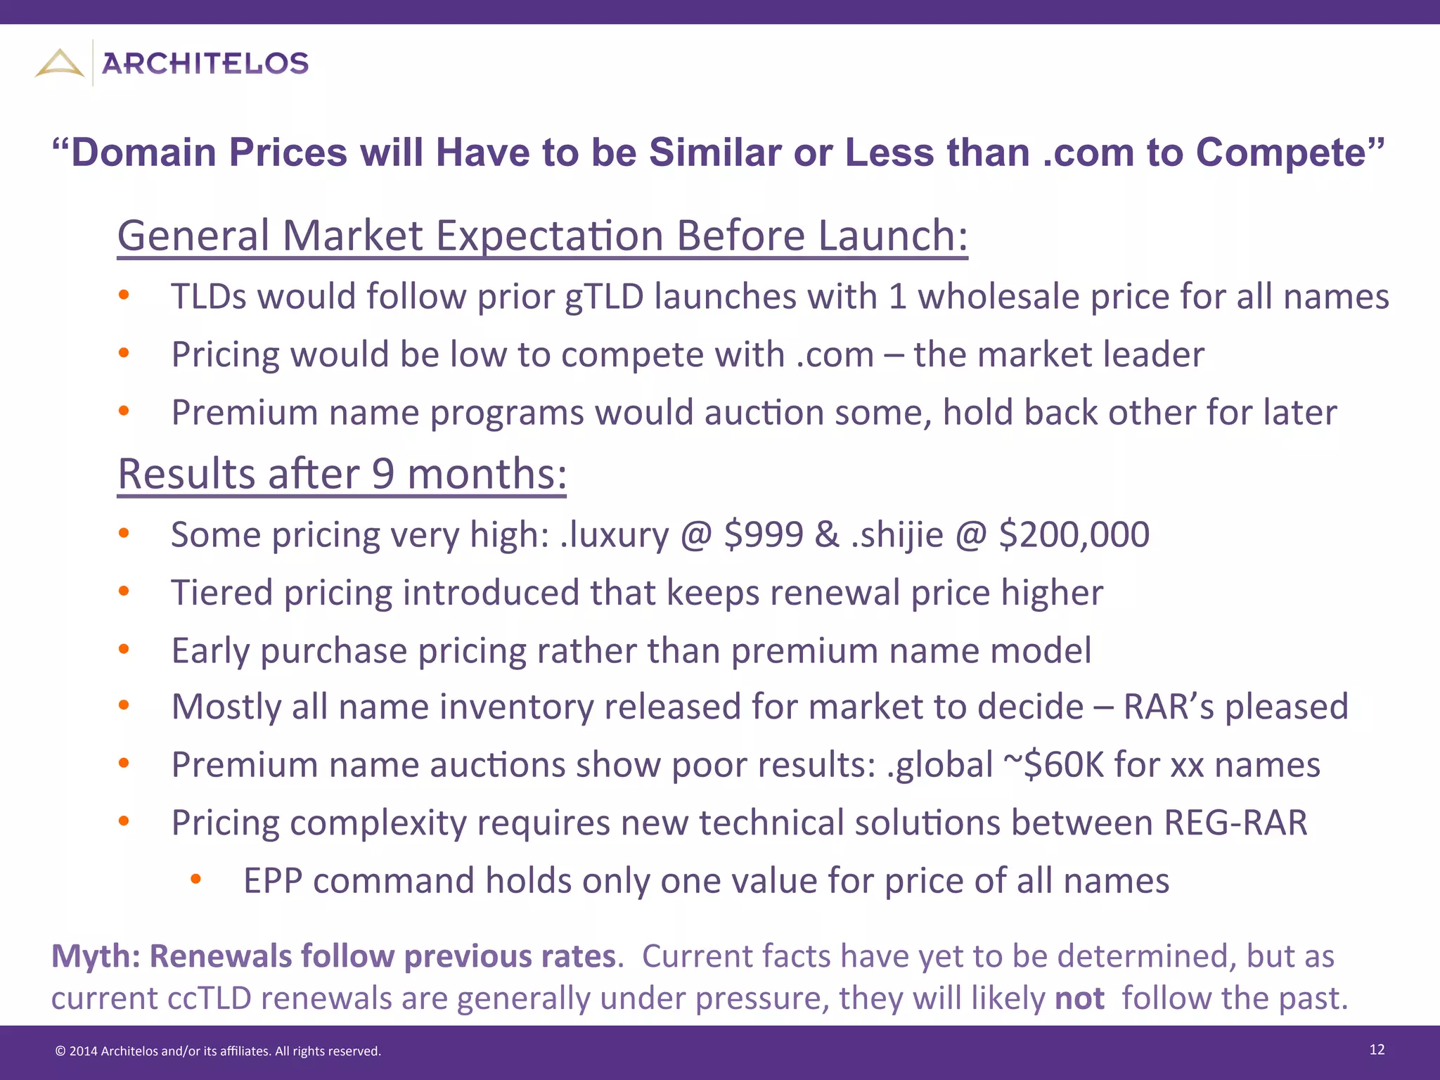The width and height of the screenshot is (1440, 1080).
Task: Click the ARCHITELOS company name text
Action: click(205, 64)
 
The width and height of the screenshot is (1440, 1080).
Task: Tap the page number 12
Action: click(1377, 1050)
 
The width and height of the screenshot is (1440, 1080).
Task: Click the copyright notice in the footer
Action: click(218, 1051)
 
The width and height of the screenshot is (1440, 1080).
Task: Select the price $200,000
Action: click(1074, 534)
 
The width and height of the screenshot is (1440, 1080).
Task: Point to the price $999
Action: click(764, 534)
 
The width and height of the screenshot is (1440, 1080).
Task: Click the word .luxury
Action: click(615, 535)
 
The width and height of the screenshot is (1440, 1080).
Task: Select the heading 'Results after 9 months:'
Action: click(342, 474)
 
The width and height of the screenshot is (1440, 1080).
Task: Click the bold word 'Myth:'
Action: click(96, 956)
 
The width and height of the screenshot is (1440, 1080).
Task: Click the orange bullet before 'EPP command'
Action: click(196, 878)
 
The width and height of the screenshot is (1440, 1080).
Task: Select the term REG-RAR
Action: click(1235, 823)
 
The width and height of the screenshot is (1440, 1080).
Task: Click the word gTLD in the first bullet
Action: click(604, 297)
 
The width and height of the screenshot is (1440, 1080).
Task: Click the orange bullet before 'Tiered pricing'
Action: click(124, 591)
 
